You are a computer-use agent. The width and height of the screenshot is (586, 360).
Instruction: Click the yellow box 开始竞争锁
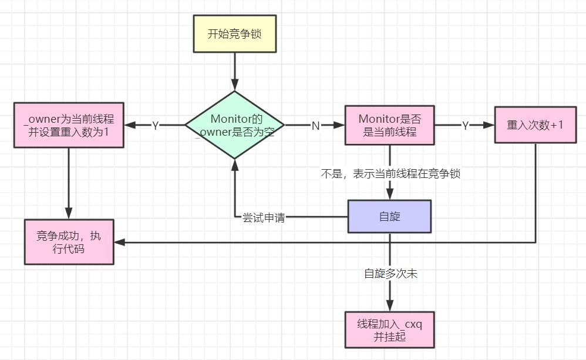234,33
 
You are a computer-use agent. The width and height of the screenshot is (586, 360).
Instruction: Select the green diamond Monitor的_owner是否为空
234,125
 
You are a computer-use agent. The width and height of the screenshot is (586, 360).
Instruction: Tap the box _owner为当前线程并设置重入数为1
69,125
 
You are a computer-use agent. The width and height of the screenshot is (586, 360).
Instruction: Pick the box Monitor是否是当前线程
389,125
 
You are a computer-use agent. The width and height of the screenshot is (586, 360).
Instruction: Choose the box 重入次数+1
535,125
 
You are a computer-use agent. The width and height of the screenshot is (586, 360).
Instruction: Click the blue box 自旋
389,216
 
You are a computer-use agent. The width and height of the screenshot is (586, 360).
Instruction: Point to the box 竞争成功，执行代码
69,241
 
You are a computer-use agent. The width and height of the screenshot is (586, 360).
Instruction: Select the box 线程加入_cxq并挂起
389,330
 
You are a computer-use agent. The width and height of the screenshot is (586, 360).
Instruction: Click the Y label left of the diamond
156,126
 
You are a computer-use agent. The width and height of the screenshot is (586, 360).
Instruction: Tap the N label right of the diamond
315,126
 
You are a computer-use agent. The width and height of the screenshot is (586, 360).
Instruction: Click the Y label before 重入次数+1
465,126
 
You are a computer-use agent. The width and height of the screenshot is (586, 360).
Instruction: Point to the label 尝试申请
264,217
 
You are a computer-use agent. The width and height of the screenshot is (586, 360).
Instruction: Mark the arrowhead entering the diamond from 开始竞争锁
234,86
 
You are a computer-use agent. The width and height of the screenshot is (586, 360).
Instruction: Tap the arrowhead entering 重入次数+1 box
489,125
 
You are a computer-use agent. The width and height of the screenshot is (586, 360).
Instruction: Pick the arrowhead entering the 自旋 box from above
389,195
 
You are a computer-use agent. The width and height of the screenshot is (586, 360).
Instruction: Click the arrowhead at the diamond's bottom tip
234,164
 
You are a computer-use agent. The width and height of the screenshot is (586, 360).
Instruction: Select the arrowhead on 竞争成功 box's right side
119,241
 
